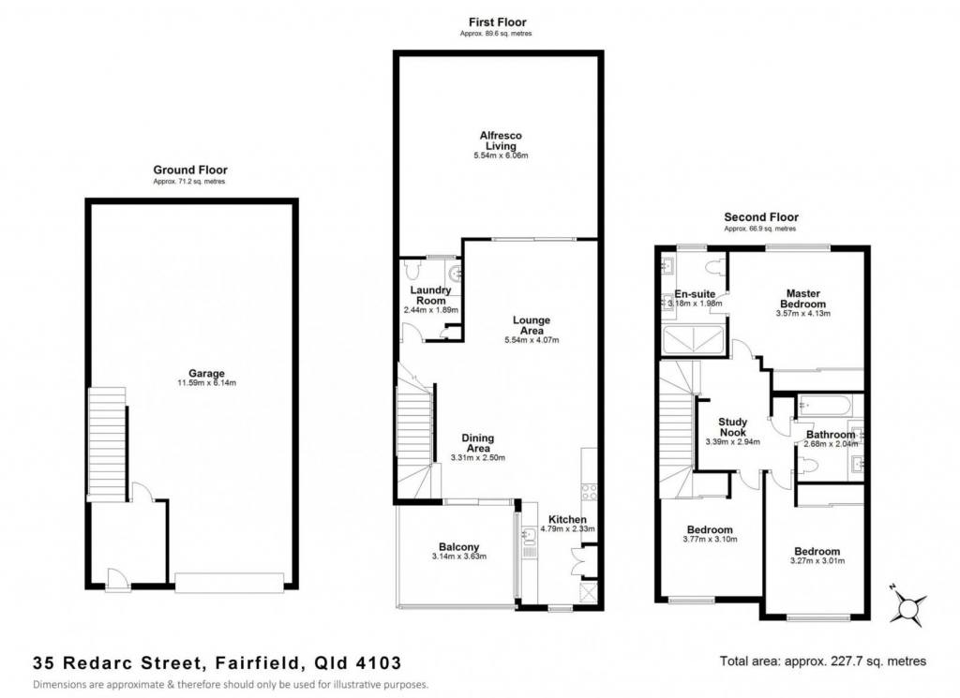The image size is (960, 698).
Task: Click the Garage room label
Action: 206,373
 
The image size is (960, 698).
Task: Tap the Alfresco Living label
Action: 501,141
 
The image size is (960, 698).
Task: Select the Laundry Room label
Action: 430,295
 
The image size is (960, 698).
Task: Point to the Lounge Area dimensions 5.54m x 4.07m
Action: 532,340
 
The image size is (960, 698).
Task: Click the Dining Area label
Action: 477,443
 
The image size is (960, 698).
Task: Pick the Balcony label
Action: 459,547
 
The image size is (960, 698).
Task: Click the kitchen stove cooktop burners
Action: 589,493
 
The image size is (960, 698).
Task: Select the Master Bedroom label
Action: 802,299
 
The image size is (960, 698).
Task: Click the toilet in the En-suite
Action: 713,267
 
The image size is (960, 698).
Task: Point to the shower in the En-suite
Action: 693,340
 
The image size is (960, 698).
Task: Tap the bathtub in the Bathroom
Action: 823,405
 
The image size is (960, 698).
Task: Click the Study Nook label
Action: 732,427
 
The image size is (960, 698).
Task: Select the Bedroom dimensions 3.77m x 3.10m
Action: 710,540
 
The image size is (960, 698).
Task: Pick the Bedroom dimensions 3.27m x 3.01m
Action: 817,560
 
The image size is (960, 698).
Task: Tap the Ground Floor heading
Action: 189,171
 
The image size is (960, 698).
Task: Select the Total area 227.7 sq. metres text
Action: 823,661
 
